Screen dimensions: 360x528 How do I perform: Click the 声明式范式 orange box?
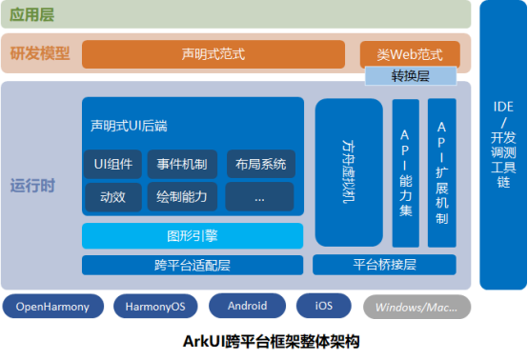[213, 54]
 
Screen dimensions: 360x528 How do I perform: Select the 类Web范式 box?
[410, 54]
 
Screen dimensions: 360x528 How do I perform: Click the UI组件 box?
[112, 165]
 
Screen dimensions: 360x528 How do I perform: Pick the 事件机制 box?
[183, 165]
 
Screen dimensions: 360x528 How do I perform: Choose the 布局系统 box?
[260, 165]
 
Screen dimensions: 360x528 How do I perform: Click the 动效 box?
[112, 197]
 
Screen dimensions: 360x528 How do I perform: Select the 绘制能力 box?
[183, 197]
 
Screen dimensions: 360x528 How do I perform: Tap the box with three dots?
[260, 197]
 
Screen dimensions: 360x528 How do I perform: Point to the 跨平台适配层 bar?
[193, 265]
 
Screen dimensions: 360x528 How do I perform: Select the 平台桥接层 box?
[391, 265]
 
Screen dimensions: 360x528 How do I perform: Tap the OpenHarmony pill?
[53, 307]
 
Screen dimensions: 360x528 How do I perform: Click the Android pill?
[246, 307]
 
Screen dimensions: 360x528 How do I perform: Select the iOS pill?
[322, 307]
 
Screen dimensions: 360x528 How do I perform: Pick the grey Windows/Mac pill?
[416, 307]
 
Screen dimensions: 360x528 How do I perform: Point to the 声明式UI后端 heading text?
[130, 126]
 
